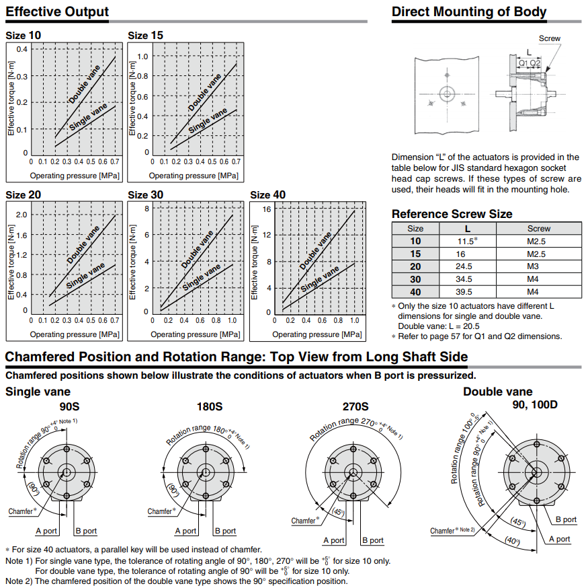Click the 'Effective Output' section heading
tap(57, 12)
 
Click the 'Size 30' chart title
tap(145, 195)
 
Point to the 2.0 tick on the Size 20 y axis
tap(21, 215)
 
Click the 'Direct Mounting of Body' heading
tap(469, 12)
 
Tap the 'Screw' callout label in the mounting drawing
tap(549, 38)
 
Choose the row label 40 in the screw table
tap(416, 292)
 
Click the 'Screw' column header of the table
tap(538, 228)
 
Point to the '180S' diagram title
tap(209, 406)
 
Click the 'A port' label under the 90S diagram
tap(47, 531)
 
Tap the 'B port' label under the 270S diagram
tap(373, 540)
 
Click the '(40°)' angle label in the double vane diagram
tap(514, 541)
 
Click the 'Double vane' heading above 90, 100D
tap(497, 392)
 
